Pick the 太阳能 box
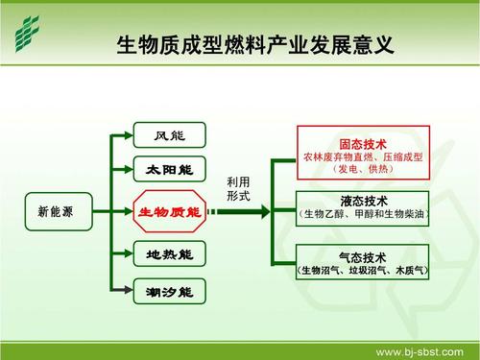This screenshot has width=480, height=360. (169, 170)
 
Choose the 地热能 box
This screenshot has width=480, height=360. (169, 254)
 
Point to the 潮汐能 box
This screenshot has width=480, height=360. (169, 290)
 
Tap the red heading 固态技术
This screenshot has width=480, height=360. (363, 140)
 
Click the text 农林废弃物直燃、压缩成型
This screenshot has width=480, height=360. (363, 154)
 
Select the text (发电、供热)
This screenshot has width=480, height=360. (363, 168)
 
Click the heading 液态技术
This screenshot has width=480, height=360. (363, 202)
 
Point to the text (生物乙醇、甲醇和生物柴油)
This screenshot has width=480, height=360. (363, 215)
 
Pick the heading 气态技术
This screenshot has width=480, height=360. (363, 257)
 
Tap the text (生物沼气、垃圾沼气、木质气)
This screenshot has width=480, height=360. (363, 272)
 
